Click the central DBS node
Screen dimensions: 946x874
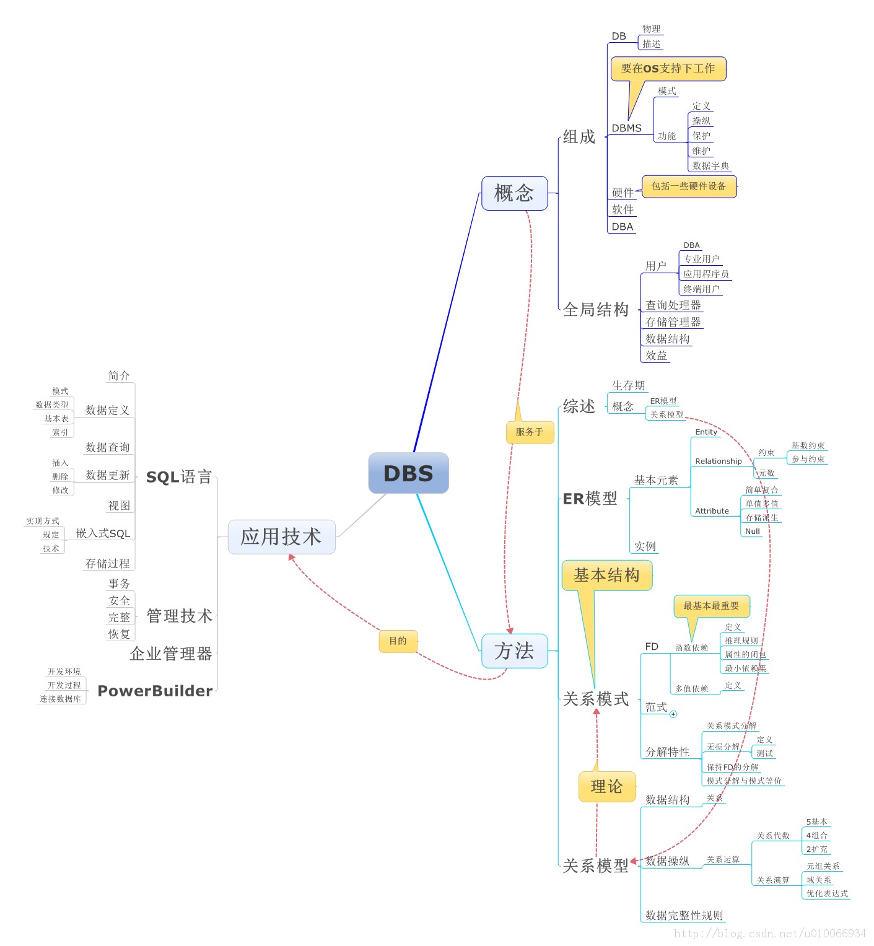coord(408,473)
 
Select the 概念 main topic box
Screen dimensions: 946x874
coord(514,193)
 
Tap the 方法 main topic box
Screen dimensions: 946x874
coord(514,651)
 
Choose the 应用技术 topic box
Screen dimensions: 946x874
coord(281,537)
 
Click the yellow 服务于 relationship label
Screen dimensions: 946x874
coord(530,432)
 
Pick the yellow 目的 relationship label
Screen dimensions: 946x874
coord(398,641)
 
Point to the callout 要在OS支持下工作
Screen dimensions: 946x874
coord(668,69)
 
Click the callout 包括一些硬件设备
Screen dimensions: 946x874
coord(689,186)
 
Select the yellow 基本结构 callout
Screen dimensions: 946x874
coord(606,576)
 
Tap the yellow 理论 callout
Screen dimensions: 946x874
coord(606,787)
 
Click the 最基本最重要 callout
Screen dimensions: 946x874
coord(711,606)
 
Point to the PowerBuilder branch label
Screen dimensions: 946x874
coord(155,691)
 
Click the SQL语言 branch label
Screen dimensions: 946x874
coord(179,477)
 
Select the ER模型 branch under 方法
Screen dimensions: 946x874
coord(590,499)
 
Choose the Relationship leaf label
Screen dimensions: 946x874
coord(718,462)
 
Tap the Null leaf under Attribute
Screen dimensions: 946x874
coord(753,532)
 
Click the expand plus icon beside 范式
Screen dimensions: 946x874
coord(673,714)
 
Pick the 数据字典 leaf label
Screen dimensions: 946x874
coord(710,166)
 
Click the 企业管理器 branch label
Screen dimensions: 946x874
coord(171,654)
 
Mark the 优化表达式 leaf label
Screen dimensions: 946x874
coord(827,893)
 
